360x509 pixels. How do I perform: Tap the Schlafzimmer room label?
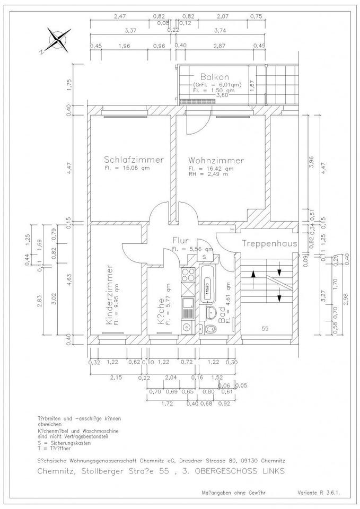pos(134,160)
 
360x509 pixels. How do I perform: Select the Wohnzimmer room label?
pos(215,160)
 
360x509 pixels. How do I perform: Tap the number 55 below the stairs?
pos(265,329)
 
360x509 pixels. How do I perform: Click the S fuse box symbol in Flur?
pos(204,257)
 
